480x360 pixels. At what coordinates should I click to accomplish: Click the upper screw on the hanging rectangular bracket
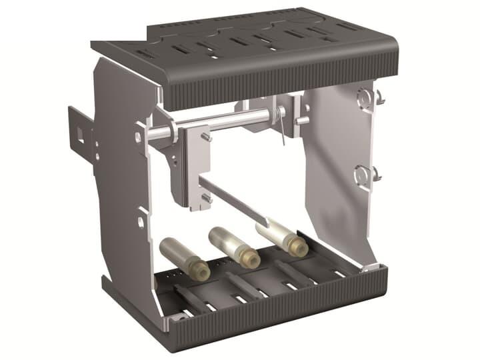coord(208,136)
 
